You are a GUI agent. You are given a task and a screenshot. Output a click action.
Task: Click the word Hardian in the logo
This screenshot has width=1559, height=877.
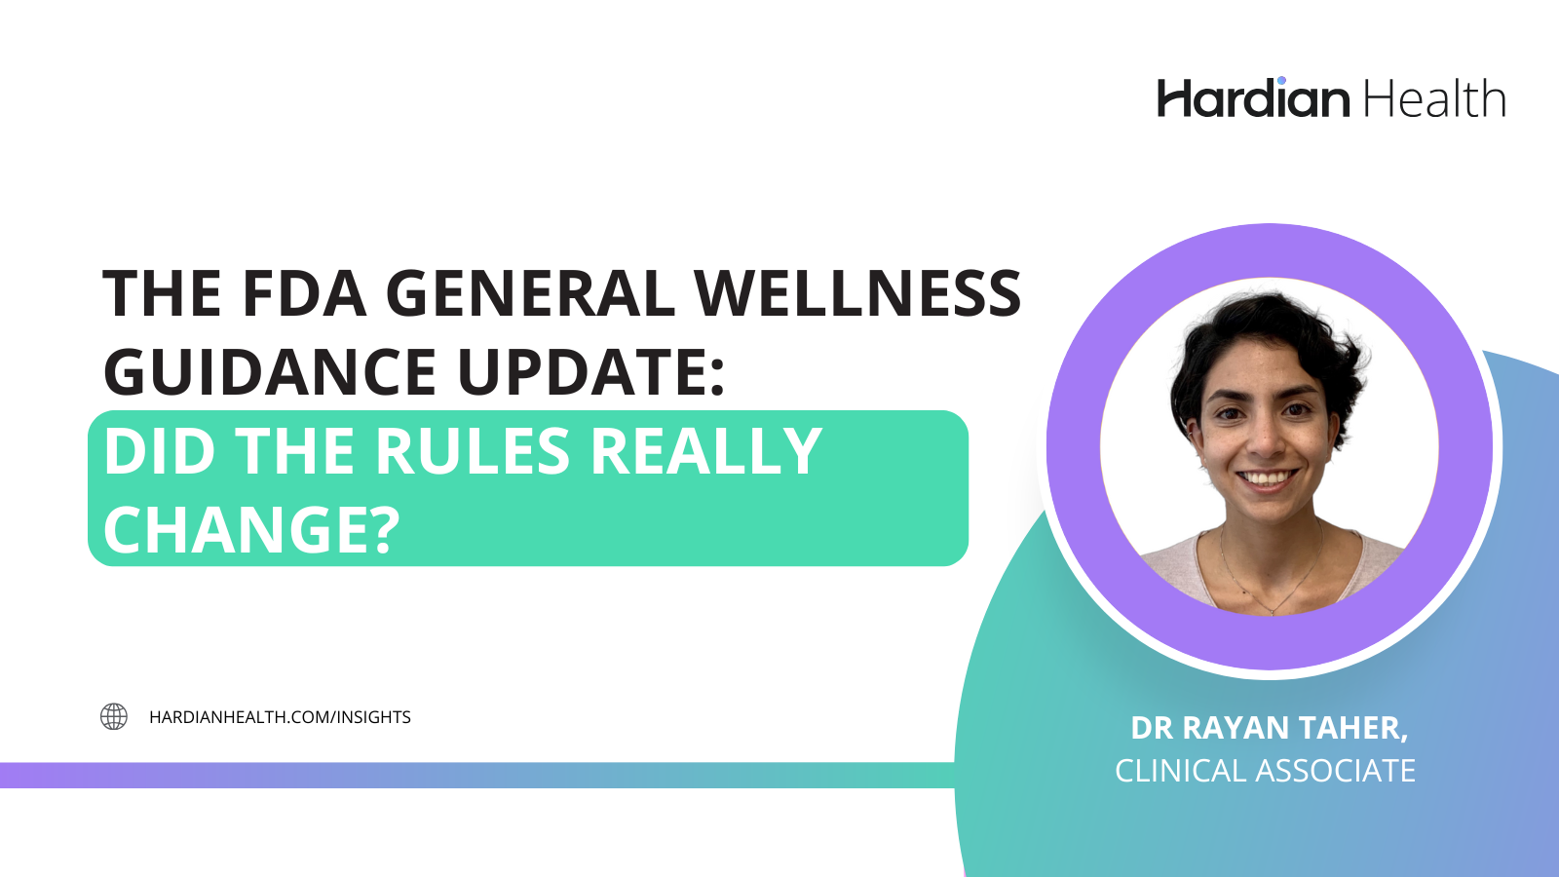[1253, 99]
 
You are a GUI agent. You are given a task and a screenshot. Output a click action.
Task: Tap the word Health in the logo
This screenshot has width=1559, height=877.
[1433, 99]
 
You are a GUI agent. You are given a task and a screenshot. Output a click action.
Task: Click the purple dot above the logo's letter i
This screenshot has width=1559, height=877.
[1281, 80]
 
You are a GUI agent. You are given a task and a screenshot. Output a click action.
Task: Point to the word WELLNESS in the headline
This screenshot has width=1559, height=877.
[856, 293]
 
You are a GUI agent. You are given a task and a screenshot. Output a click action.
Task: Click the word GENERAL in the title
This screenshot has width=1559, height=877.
[530, 293]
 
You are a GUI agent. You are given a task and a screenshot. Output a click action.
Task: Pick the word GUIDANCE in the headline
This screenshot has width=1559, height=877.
[270, 372]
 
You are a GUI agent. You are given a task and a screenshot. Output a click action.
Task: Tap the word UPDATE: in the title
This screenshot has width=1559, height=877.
[591, 372]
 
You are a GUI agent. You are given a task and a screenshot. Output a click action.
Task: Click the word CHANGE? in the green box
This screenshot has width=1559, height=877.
[251, 530]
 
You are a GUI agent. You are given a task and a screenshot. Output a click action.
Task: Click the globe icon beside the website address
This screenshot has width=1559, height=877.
[114, 717]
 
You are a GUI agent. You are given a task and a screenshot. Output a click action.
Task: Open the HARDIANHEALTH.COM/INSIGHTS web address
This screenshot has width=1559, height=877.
[280, 717]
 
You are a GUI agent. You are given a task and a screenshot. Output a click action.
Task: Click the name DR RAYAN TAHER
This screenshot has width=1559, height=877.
[1269, 728]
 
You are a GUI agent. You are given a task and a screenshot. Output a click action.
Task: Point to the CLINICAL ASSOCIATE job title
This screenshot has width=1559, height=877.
[1265, 771]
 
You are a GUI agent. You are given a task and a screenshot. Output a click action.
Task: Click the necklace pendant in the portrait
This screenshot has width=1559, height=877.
[1273, 611]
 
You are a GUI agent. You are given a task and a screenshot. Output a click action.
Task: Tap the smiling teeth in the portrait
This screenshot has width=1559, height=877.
[1267, 479]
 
